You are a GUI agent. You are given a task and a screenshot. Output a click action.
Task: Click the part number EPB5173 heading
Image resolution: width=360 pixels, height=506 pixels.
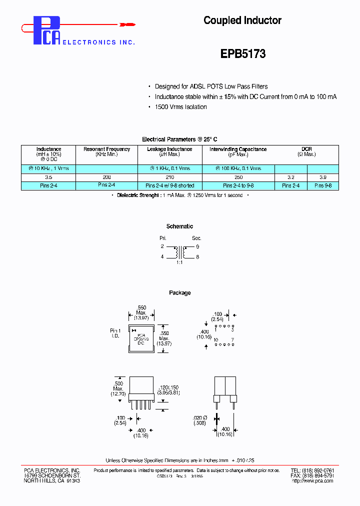point(242,53)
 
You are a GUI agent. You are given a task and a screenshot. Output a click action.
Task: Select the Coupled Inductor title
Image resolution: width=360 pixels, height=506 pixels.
point(242,20)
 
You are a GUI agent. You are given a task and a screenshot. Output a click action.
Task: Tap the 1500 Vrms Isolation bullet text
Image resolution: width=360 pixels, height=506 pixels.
point(180,107)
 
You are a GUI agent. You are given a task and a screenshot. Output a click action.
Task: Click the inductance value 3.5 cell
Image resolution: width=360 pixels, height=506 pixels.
point(48,177)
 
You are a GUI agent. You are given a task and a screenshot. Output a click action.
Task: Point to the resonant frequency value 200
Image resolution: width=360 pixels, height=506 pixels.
point(106,177)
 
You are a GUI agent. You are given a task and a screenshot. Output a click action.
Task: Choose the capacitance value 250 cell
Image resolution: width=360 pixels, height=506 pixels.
point(238,177)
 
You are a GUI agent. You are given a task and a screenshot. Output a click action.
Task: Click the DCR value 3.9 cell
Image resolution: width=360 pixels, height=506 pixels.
point(322,177)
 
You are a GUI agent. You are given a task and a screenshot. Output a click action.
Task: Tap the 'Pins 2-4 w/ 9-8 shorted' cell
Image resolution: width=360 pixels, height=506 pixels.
point(169,185)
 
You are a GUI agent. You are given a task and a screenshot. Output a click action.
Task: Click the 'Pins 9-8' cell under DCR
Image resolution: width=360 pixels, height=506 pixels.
point(322,185)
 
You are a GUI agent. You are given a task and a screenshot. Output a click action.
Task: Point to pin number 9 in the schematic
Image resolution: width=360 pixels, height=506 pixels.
point(197,246)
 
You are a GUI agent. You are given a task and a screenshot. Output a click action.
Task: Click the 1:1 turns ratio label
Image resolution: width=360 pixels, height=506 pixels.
point(179,262)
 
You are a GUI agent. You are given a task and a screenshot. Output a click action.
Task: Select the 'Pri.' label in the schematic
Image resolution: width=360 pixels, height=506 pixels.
point(162,238)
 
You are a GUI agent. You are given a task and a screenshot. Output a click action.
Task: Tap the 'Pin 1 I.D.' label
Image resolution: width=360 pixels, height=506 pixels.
point(115,333)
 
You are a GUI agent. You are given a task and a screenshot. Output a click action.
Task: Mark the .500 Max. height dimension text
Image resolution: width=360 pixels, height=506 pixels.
point(118,388)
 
